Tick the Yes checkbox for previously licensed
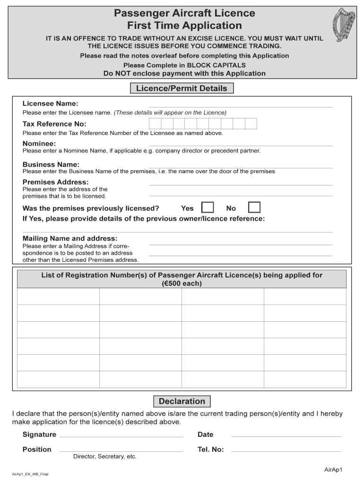(208, 208)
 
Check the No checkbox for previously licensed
(254, 208)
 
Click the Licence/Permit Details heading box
(182, 88)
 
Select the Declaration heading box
(182, 401)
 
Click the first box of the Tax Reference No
(155, 124)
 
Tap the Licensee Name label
(51, 103)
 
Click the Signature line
(121, 436)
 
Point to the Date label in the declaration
(206, 434)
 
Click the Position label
(37, 450)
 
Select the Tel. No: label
(211, 450)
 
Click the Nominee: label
(39, 143)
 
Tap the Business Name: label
(51, 164)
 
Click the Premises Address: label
(56, 182)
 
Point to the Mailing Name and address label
(70, 238)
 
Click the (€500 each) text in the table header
(182, 283)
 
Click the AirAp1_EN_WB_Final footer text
(30, 474)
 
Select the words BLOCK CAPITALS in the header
(216, 65)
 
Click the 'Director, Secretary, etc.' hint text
(105, 457)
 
